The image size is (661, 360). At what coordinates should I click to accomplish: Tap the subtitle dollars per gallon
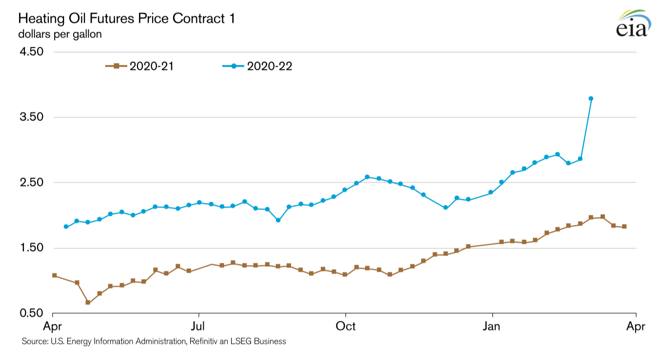click(60, 35)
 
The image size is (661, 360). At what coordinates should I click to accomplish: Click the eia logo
click(632, 24)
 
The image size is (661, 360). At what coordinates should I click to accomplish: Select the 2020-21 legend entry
click(139, 66)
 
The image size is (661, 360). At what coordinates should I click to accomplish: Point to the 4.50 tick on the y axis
click(31, 52)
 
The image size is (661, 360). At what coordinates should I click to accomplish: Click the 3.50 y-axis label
click(31, 117)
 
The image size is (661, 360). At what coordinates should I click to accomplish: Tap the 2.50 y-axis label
click(31, 182)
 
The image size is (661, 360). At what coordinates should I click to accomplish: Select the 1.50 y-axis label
click(31, 248)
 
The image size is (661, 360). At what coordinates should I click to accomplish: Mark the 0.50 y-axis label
click(31, 313)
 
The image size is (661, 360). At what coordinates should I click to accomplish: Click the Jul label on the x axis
click(198, 326)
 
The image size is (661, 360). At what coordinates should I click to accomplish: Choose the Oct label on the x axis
click(346, 326)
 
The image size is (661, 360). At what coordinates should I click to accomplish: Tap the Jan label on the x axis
click(493, 326)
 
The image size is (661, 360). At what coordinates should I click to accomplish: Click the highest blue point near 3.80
click(591, 99)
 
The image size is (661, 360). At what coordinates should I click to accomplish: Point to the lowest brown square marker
click(88, 302)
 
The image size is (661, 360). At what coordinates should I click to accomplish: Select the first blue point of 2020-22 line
click(66, 226)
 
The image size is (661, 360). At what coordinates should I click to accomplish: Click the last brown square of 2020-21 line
click(624, 226)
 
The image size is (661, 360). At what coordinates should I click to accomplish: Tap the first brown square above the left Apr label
click(54, 276)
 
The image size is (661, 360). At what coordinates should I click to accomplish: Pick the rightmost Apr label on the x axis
click(636, 326)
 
